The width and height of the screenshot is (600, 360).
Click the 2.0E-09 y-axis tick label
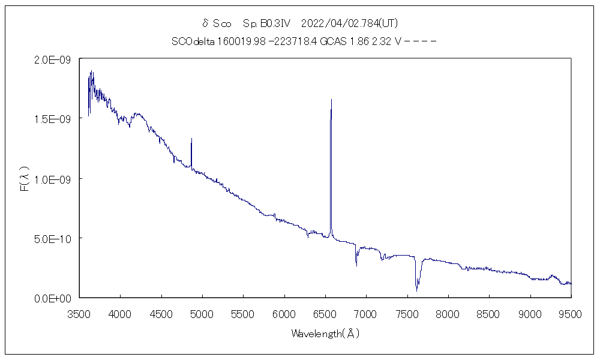pyautogui.click(x=53, y=59)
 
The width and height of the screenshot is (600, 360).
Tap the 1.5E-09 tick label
pyautogui.click(x=53, y=119)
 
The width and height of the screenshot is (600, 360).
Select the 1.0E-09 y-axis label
pyautogui.click(x=53, y=179)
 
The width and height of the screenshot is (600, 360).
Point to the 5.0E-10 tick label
pyautogui.click(x=53, y=238)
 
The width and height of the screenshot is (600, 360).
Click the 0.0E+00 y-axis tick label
pyautogui.click(x=53, y=298)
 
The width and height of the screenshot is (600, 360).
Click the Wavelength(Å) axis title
pyautogui.click(x=325, y=334)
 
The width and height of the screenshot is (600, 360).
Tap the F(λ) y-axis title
pyautogui.click(x=25, y=179)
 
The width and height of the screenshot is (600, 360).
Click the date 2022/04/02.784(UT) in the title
pyautogui.click(x=349, y=23)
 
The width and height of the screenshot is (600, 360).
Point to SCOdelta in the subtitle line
pyautogui.click(x=191, y=41)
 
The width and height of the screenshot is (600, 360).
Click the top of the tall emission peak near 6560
pyautogui.click(x=331, y=100)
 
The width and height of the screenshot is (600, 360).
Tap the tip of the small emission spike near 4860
pyautogui.click(x=191, y=139)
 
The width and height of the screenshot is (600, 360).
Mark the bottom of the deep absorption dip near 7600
pyautogui.click(x=416, y=291)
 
